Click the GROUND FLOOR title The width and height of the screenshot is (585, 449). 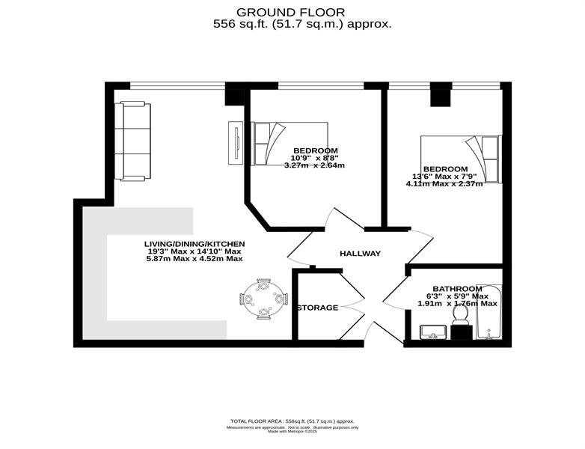point(291,12)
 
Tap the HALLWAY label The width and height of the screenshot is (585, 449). point(360,254)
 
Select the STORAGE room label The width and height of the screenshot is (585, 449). point(317,308)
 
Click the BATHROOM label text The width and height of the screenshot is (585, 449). point(457,289)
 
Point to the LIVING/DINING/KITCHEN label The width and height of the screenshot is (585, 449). point(195,244)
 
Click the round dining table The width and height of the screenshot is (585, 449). point(264,299)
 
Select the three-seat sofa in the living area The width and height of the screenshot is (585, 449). point(132,141)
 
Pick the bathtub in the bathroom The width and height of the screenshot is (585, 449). point(488,312)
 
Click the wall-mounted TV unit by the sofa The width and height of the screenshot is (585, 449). point(236,143)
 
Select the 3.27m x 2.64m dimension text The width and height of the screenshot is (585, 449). point(314,165)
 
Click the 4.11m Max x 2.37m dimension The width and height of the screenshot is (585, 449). point(444,183)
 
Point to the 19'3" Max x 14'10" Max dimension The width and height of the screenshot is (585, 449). point(195,251)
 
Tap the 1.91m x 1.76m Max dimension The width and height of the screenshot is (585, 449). point(457,303)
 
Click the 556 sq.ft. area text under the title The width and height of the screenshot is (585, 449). point(302,24)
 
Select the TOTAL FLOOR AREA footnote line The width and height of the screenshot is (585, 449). point(292,421)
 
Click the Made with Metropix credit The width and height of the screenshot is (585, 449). point(292,431)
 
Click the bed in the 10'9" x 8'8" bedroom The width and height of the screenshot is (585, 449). point(290,144)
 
